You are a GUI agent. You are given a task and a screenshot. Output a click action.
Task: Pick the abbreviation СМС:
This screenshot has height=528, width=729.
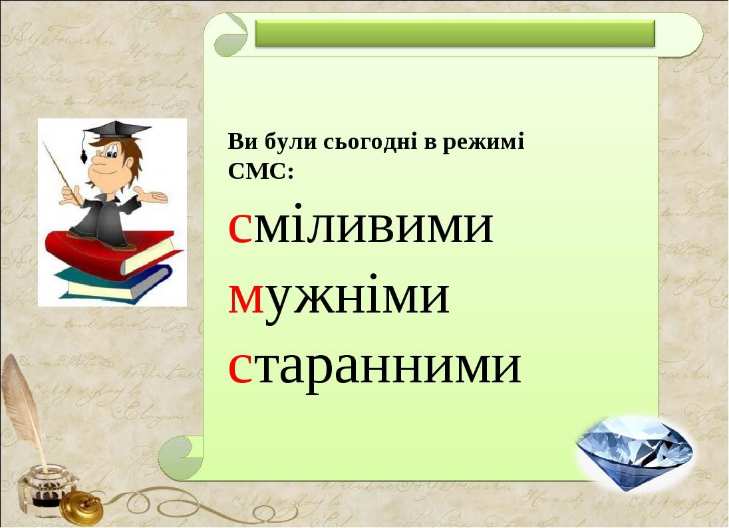(261, 172)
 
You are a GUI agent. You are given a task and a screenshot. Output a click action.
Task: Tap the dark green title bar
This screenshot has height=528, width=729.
(455, 33)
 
